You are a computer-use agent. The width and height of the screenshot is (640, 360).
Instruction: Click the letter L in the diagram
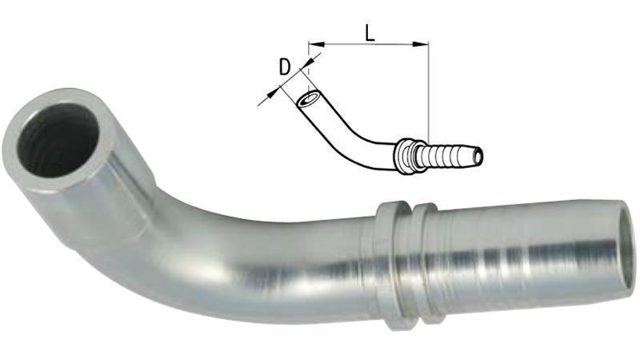[x=369, y=33]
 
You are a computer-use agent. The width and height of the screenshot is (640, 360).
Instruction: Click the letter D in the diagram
[x=284, y=67]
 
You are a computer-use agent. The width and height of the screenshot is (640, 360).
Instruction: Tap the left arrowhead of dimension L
[x=313, y=44]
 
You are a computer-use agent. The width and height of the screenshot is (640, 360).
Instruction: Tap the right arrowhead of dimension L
[x=424, y=44]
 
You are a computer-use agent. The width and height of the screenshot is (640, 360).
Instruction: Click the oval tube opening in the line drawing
[x=307, y=102]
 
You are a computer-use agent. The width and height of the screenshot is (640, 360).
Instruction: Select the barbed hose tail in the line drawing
[x=449, y=154]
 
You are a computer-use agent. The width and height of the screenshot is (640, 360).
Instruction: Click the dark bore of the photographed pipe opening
[x=57, y=145]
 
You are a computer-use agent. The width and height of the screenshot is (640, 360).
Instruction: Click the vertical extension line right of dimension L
[x=429, y=96]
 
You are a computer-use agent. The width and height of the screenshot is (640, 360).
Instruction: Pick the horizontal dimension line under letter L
[x=369, y=44]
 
